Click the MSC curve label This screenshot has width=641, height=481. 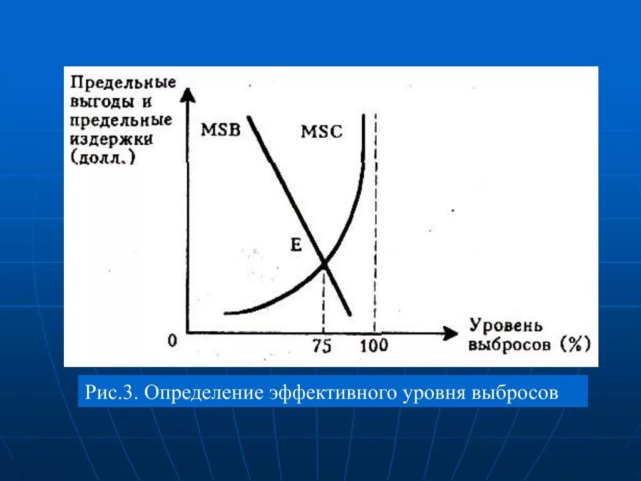point(322,132)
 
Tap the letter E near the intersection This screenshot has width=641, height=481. point(296,245)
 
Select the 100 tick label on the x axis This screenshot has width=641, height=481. point(374,346)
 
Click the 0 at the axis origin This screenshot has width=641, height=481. point(173,341)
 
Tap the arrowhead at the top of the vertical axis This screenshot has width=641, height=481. point(187,94)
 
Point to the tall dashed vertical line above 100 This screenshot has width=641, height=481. point(375,219)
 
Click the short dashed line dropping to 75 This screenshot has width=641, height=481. point(324,301)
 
